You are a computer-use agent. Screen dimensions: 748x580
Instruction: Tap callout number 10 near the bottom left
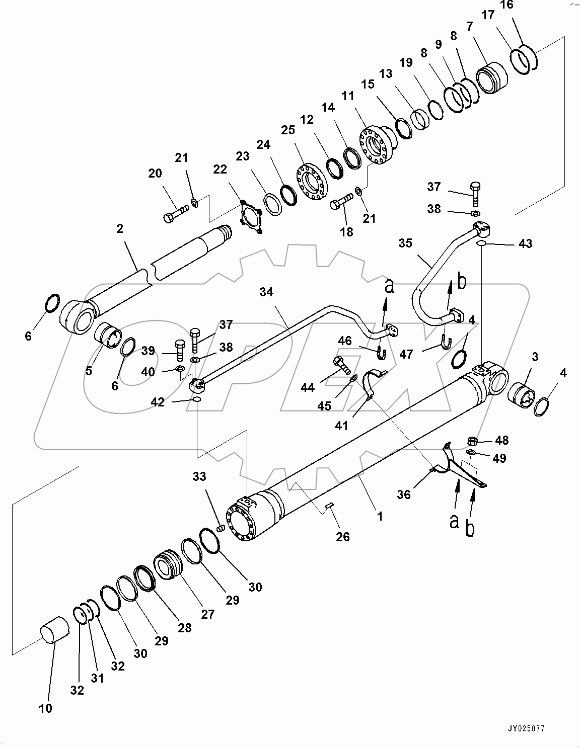45,708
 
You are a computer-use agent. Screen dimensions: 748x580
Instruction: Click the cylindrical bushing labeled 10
53,630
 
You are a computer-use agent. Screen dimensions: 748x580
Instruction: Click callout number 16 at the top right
507,5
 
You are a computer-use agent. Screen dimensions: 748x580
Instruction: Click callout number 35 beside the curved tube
405,243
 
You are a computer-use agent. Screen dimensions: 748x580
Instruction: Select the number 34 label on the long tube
266,292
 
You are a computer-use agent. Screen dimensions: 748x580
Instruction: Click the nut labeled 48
473,441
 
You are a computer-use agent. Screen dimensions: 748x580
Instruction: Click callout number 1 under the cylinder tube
381,516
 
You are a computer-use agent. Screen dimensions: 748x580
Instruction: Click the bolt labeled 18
340,204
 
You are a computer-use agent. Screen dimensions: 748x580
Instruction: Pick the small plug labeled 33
220,528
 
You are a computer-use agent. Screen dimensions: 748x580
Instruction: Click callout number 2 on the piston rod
119,228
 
